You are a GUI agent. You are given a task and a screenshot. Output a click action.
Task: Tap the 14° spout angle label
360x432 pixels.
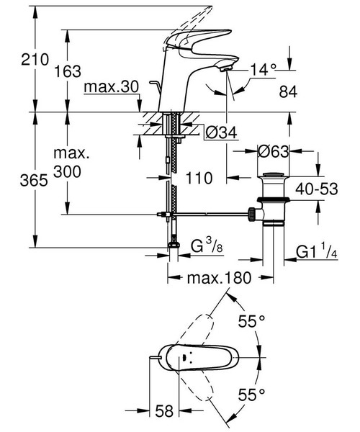264,70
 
